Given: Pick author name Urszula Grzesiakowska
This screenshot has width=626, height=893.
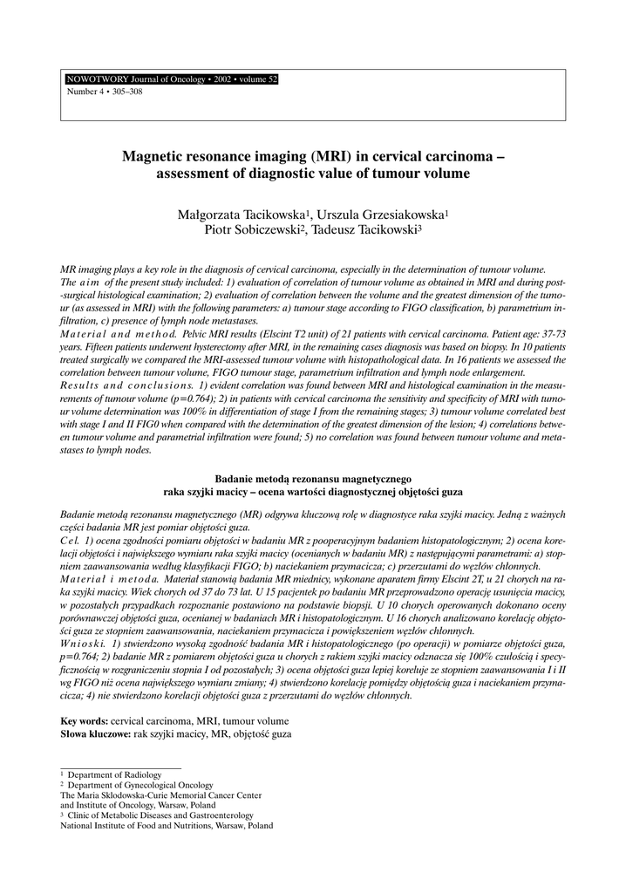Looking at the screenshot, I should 380,214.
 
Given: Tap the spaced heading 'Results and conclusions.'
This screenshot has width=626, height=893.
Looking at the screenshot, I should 127,385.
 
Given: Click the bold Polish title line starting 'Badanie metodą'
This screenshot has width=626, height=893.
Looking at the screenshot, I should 312,479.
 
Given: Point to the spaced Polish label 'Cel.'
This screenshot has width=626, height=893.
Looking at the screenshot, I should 70,541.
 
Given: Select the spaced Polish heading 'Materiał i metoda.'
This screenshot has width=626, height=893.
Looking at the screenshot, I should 109,579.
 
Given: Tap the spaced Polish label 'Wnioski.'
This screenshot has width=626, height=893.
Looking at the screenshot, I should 84,643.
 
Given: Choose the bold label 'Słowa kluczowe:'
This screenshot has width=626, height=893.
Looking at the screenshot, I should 95,734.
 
